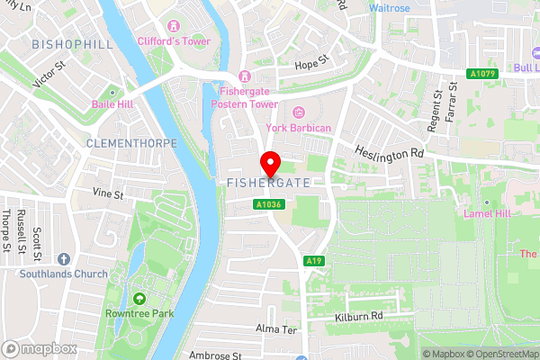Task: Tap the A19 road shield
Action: point(313,261)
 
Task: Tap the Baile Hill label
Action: point(112,104)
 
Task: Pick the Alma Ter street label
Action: point(274,328)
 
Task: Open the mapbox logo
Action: point(40,348)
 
